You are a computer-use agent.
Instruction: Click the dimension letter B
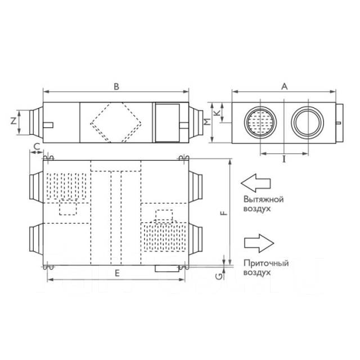click(x=116, y=87)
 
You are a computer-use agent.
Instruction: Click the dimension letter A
click(x=285, y=87)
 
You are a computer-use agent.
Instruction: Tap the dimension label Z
click(x=13, y=121)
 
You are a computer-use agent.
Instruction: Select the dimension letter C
click(x=37, y=146)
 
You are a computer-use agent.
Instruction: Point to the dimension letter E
click(x=117, y=273)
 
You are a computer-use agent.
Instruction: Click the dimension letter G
click(x=220, y=277)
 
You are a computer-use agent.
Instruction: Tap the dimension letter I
click(x=284, y=159)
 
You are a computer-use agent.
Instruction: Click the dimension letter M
click(x=208, y=121)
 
